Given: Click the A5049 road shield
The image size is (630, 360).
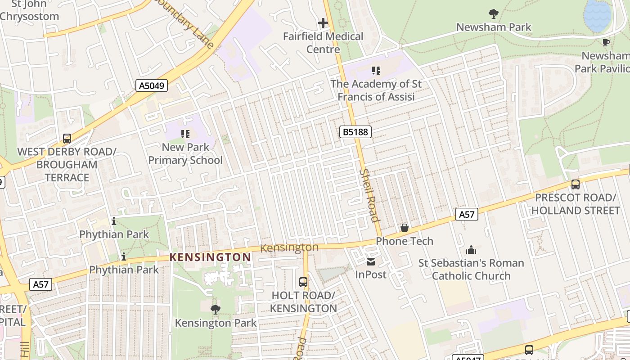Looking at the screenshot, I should (152, 85).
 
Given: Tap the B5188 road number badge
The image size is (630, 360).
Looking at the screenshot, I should (355, 132).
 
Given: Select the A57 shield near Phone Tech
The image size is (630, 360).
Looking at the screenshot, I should (466, 215).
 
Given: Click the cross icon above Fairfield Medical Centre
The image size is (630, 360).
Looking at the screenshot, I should (323, 22).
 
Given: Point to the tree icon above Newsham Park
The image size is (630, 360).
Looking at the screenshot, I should (494, 14).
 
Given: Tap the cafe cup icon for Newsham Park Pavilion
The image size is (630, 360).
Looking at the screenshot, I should (606, 42).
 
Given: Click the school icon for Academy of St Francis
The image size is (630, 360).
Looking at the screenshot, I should (376, 71).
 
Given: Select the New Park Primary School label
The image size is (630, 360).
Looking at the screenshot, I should (185, 153).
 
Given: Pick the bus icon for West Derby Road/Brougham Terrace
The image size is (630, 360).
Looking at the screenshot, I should (67, 139).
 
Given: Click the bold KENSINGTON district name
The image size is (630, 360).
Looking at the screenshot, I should (210, 257).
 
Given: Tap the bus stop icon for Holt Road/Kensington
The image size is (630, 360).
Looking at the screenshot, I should (303, 282).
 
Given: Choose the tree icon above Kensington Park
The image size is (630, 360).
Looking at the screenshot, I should (216, 309).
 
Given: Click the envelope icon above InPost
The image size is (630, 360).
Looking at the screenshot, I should (371, 261).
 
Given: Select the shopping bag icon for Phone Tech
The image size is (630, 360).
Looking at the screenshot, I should (405, 228).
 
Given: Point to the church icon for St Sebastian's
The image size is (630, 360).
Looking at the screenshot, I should (471, 250).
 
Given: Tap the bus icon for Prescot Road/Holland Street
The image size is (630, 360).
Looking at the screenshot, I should (575, 184).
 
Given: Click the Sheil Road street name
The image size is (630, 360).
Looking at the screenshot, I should (369, 195).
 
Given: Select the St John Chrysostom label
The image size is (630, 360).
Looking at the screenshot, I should (30, 11).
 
